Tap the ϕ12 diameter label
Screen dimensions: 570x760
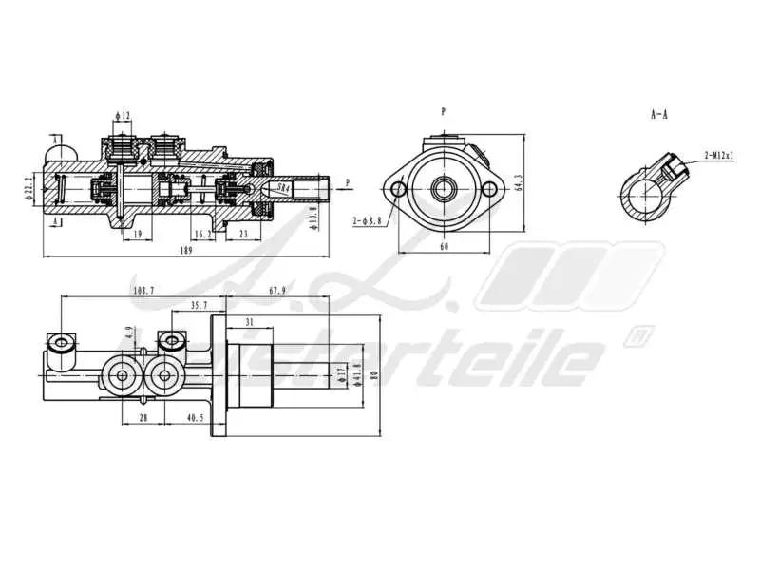[123, 116]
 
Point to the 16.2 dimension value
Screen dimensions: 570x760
[201, 234]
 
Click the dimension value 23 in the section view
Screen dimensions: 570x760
[243, 234]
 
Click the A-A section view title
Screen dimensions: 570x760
[658, 114]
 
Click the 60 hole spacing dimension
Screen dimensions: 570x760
[444, 247]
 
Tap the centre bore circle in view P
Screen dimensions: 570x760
[444, 189]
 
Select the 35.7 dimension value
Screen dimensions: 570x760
[199, 306]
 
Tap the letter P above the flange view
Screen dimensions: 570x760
[443, 112]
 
